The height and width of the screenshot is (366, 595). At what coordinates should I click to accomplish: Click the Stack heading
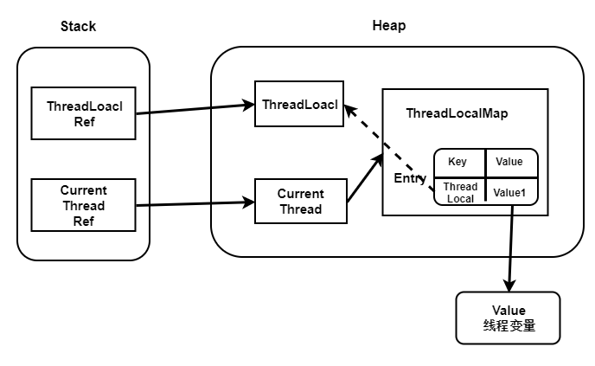pyautogui.click(x=78, y=26)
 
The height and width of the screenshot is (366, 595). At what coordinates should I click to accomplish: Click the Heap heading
pyautogui.click(x=388, y=26)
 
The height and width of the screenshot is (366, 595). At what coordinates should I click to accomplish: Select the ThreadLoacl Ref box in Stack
pyautogui.click(x=83, y=112)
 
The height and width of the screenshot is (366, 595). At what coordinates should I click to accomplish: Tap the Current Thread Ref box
pyautogui.click(x=83, y=205)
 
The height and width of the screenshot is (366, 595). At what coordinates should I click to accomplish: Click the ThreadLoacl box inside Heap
pyautogui.click(x=298, y=105)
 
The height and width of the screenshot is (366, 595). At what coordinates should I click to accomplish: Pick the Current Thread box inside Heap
pyautogui.click(x=300, y=201)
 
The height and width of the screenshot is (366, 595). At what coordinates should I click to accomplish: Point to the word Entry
pyautogui.click(x=411, y=178)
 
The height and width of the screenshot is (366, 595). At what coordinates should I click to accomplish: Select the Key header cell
pyautogui.click(x=457, y=162)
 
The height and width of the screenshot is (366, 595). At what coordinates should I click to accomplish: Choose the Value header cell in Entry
pyautogui.click(x=509, y=162)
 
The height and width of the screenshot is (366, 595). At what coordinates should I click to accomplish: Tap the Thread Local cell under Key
pyautogui.click(x=460, y=191)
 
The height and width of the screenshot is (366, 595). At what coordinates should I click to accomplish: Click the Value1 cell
pyautogui.click(x=509, y=191)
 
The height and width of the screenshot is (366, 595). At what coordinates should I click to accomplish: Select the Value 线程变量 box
pyautogui.click(x=508, y=318)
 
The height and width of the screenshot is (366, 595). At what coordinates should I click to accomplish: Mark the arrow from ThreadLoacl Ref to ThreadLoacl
pyautogui.click(x=196, y=109)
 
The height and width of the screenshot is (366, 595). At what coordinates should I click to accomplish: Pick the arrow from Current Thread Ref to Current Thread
pyautogui.click(x=196, y=204)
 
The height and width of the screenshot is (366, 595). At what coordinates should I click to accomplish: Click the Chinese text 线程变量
pyautogui.click(x=508, y=325)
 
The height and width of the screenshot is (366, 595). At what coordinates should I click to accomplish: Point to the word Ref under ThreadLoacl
pyautogui.click(x=83, y=121)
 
